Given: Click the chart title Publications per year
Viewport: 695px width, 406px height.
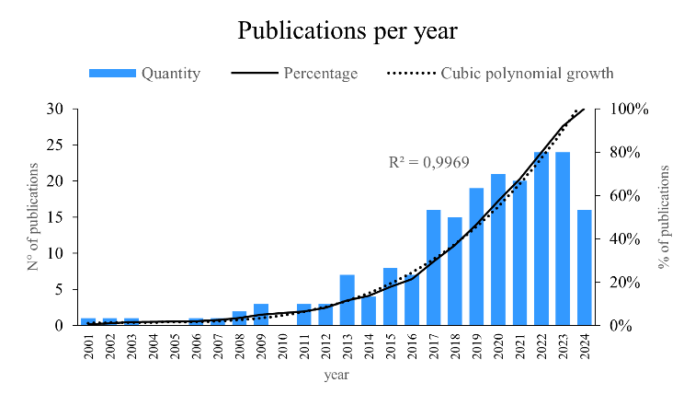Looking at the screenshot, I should [x=347, y=30].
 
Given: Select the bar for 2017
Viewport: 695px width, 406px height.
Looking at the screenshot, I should [x=434, y=268].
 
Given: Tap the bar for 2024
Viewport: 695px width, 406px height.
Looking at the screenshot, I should [x=585, y=268].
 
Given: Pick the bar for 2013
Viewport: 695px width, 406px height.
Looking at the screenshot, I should [x=347, y=300].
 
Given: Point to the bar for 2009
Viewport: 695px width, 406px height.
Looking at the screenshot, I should [x=261, y=315].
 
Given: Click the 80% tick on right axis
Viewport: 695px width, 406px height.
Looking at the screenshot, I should [x=630, y=152].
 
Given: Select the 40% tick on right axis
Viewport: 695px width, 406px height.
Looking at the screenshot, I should [x=630, y=239].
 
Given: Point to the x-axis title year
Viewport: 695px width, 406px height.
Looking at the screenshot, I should [x=336, y=376].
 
